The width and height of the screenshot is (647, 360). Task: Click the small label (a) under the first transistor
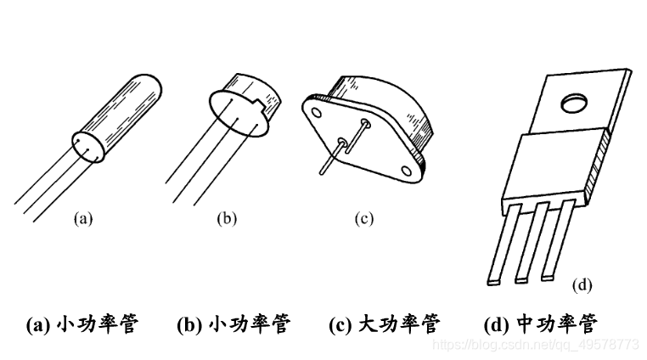pos(82,218)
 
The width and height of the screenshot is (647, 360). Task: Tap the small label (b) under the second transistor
pos(227,218)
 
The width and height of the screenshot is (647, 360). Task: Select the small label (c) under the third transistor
pos(363,218)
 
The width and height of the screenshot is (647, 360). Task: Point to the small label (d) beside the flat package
pos(582,284)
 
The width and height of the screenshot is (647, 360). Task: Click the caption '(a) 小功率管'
pos(82,324)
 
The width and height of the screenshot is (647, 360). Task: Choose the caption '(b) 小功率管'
pos(233,324)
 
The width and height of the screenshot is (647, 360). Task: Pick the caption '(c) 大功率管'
pos(384,324)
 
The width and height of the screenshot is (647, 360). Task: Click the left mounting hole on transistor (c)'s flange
pos(314,110)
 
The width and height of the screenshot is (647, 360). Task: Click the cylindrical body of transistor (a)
pos(119,115)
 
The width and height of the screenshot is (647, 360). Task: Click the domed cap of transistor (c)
pos(399,110)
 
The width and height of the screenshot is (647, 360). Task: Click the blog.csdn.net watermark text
pos(535,345)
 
